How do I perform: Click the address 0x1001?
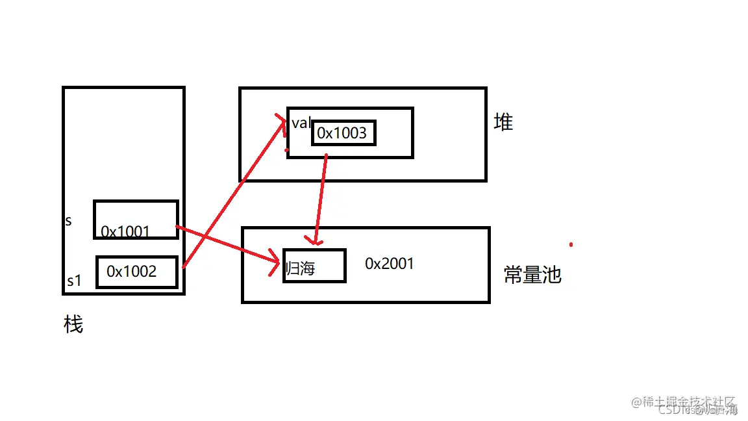[125, 231]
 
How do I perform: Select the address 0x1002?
[132, 272]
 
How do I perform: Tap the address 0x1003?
[342, 134]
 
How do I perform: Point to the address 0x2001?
[389, 263]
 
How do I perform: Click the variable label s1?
[74, 281]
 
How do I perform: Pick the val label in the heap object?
[301, 123]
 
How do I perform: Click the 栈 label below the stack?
[73, 324]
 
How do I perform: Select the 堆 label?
[503, 122]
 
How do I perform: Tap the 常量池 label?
[532, 275]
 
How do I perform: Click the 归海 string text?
[301, 268]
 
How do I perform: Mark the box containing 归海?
[314, 257]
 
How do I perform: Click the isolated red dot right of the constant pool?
[571, 245]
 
